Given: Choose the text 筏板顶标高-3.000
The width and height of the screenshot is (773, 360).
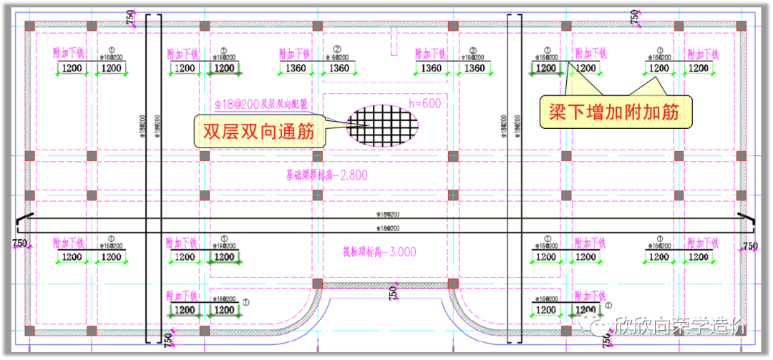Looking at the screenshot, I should pyautogui.click(x=379, y=252).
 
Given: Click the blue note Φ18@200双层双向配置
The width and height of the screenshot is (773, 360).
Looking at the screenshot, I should pyautogui.click(x=261, y=104).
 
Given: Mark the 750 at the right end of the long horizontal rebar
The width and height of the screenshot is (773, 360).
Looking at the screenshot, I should pyautogui.click(x=749, y=245).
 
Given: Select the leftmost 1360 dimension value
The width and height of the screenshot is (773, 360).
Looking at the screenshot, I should pyautogui.click(x=293, y=69).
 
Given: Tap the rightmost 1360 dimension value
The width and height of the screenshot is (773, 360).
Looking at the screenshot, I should pyautogui.click(x=475, y=69).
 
